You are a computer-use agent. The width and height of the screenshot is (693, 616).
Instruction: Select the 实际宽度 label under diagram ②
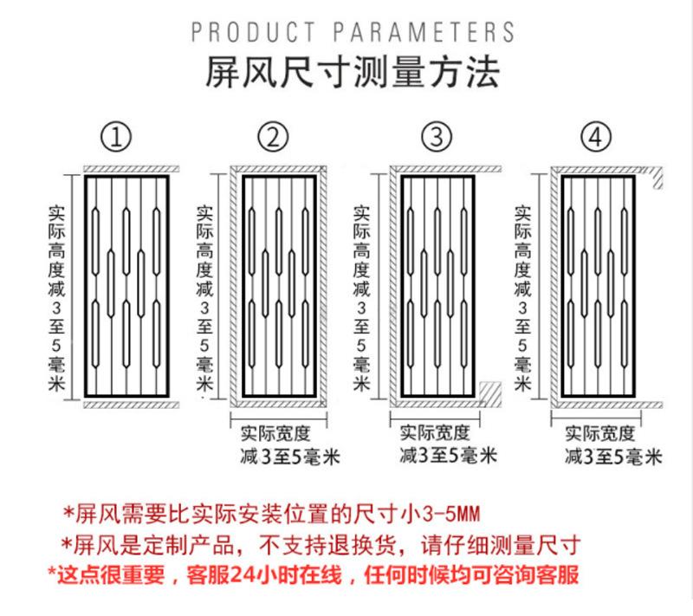tap(275, 432)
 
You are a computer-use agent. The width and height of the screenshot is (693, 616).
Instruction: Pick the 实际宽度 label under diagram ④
tap(599, 432)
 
